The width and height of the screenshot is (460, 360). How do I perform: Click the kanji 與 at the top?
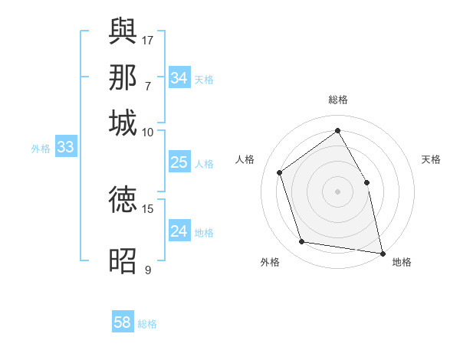pyautogui.click(x=123, y=31)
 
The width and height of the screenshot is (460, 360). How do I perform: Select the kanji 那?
pyautogui.click(x=123, y=78)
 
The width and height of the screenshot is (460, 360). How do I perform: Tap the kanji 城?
pyautogui.click(x=123, y=123)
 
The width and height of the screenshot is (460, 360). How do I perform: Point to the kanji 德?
pyautogui.click(x=123, y=199)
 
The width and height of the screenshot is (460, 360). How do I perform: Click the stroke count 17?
pyautogui.click(x=149, y=40)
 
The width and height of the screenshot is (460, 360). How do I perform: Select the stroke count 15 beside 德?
pyautogui.click(x=148, y=208)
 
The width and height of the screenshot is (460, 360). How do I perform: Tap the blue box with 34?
pyautogui.click(x=179, y=78)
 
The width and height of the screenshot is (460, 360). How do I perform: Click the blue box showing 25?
pyautogui.click(x=179, y=162)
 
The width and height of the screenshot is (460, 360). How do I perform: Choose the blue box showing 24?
pyautogui.click(x=179, y=231)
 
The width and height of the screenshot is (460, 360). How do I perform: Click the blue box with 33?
pyautogui.click(x=65, y=148)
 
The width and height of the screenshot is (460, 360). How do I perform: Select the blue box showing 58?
pyautogui.click(x=123, y=322)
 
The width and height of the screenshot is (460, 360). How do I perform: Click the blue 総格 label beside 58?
pyautogui.click(x=147, y=324)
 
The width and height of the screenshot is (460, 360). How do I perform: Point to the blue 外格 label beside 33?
pyautogui.click(x=41, y=149)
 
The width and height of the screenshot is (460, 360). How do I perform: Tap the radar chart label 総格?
pyautogui.click(x=338, y=100)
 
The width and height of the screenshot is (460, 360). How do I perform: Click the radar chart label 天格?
pyautogui.click(x=431, y=159)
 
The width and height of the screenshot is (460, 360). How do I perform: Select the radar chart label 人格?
pyautogui.click(x=245, y=159)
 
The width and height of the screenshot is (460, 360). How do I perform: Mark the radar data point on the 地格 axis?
pyautogui.click(x=382, y=252)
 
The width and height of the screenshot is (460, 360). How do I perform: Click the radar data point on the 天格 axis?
pyautogui.click(x=366, y=182)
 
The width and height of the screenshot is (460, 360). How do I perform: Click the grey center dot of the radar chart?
pyautogui.click(x=338, y=191)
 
